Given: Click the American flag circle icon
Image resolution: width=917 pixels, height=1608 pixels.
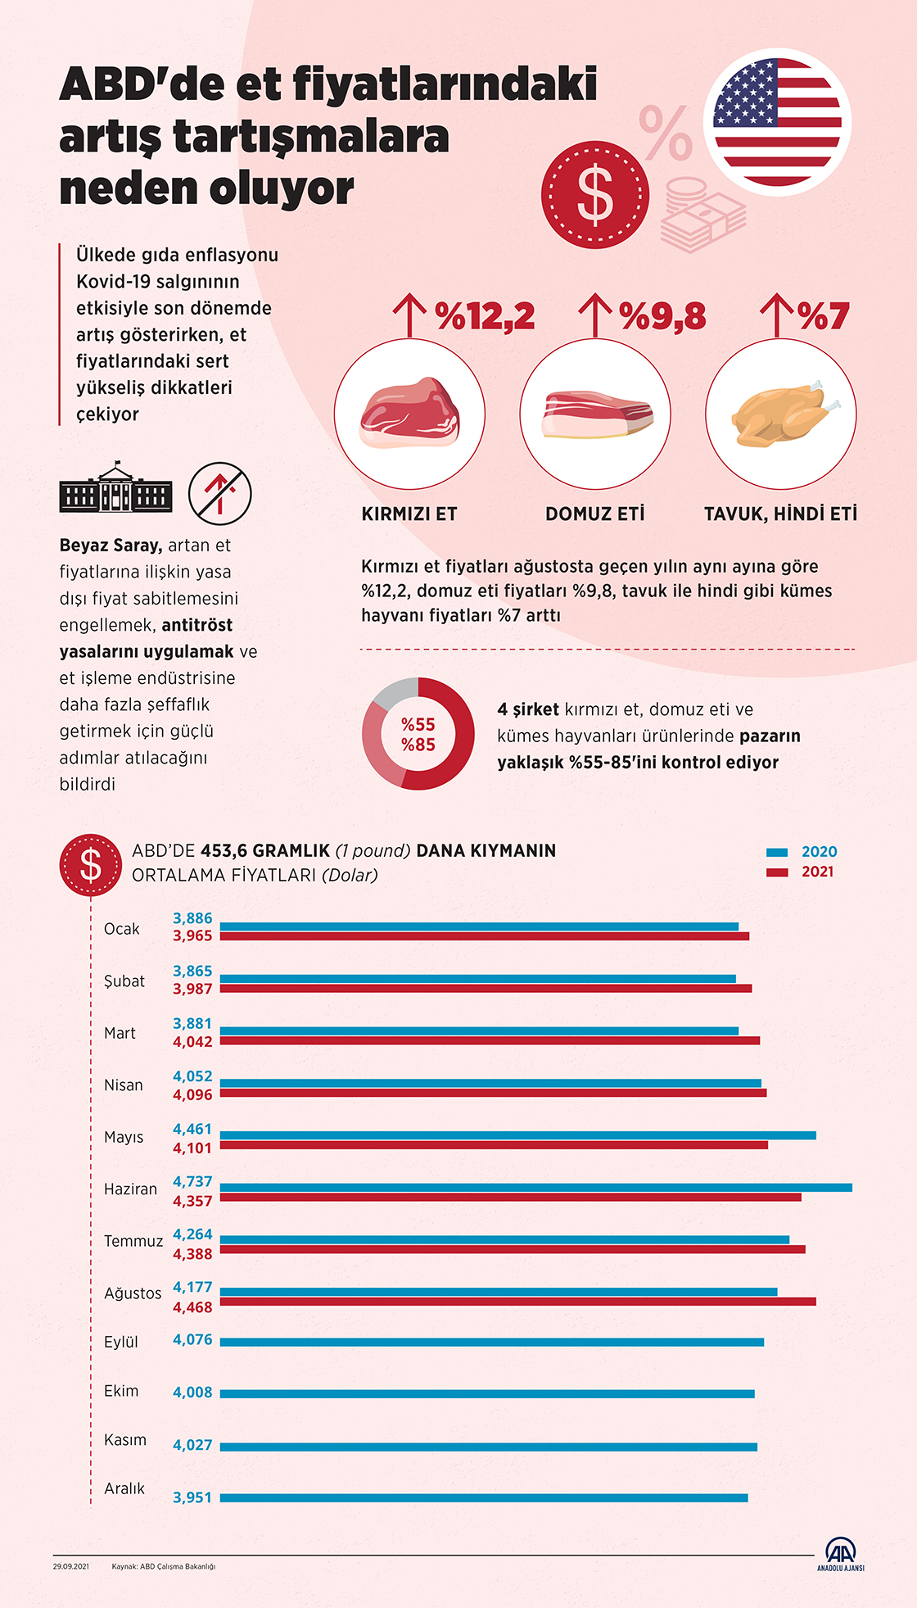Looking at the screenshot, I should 777,122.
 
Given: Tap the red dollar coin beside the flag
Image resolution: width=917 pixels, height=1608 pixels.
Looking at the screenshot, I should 594,195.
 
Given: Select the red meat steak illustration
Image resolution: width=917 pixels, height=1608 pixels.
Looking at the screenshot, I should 409,413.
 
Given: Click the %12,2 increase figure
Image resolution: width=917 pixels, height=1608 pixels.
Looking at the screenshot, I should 485,316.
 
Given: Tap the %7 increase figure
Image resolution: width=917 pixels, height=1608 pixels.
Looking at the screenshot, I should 823,316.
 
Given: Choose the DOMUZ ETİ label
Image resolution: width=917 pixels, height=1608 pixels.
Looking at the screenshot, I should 595,514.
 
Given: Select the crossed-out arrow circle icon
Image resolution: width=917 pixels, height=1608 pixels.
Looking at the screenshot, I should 219,493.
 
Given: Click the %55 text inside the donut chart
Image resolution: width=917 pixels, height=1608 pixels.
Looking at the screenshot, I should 418,724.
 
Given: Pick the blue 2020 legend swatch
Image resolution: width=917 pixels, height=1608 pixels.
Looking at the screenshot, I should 777,852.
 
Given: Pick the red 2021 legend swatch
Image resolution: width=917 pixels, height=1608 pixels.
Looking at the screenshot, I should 777,872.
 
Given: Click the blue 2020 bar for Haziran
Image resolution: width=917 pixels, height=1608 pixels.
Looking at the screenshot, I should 535,1188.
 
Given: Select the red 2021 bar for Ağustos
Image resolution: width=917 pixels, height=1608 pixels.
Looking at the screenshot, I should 517,1302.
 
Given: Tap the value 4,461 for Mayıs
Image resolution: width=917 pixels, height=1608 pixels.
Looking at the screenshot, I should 192,1130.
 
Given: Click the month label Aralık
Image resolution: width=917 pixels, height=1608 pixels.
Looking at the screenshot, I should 124,1488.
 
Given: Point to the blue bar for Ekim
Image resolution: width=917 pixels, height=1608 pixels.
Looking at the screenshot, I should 487,1393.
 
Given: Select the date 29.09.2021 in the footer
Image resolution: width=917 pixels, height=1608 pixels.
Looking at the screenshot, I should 71,1566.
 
